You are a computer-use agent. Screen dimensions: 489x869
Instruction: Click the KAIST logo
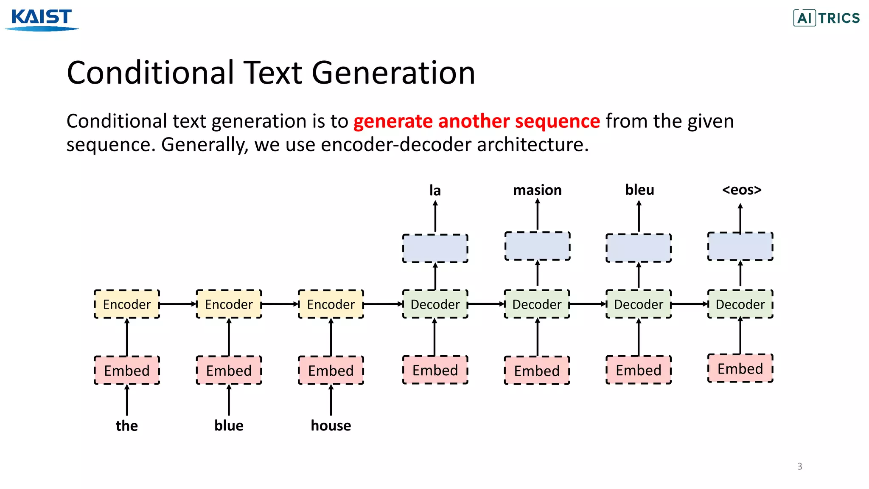(x=42, y=19)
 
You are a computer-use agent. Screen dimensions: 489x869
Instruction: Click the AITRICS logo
(x=826, y=18)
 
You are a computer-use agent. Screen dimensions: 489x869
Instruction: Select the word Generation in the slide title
(x=393, y=73)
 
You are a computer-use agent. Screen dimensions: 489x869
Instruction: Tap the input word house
(x=331, y=425)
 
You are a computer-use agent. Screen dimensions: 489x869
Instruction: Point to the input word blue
(x=229, y=425)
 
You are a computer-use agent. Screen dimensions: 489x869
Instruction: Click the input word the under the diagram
(x=126, y=425)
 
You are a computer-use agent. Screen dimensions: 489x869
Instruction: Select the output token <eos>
(x=742, y=190)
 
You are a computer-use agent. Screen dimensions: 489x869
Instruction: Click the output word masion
(x=537, y=190)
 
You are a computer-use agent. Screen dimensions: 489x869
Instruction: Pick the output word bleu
(x=639, y=190)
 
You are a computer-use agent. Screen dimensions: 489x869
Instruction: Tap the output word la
(x=435, y=191)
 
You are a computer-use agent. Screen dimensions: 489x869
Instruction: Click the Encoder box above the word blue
(x=229, y=304)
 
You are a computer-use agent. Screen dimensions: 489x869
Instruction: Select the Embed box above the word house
(x=331, y=371)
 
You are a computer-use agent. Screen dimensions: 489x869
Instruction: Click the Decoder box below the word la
(x=435, y=304)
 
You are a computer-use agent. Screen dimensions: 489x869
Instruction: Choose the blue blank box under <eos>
(x=740, y=247)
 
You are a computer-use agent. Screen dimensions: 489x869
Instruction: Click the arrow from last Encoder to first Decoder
(x=383, y=304)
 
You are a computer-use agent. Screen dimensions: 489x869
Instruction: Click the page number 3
(x=799, y=466)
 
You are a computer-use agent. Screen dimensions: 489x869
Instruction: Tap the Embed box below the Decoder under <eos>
(x=740, y=368)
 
